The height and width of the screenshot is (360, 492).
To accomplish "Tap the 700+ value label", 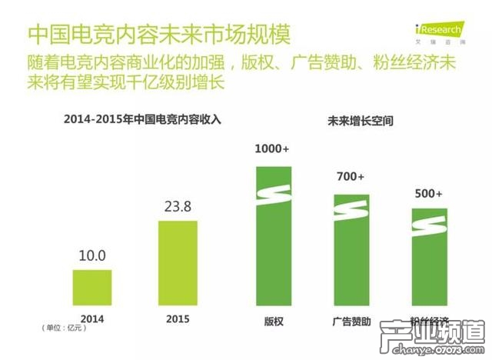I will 350,177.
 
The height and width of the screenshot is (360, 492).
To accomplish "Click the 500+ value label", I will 427,194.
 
